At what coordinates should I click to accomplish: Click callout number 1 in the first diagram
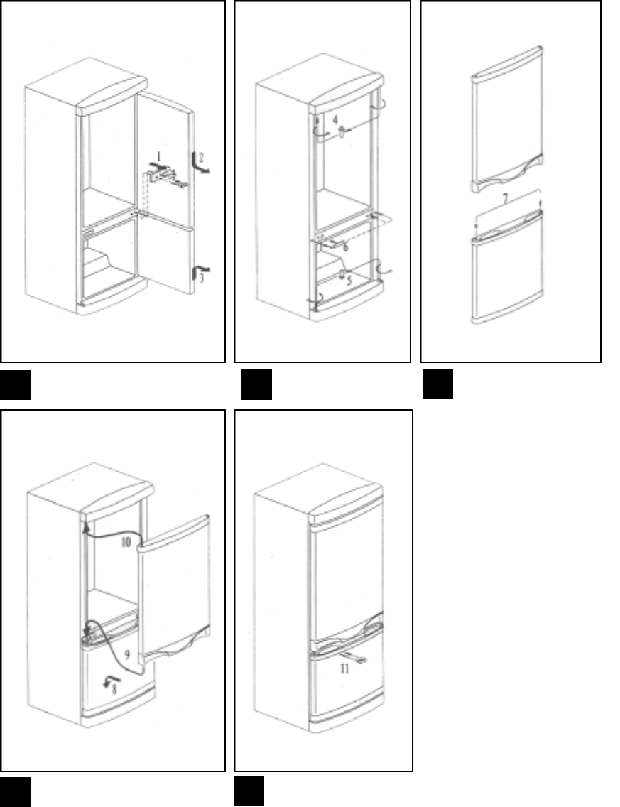[159, 156]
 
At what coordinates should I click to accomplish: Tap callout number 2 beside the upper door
[201, 157]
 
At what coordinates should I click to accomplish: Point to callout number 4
[335, 120]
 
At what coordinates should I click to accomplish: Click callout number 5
[349, 281]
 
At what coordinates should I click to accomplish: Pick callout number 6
[345, 247]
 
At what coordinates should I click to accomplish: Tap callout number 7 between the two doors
[505, 199]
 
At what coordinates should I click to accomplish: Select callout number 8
[114, 688]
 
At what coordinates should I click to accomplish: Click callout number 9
[127, 655]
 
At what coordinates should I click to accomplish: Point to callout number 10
[126, 542]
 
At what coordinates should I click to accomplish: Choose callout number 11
[344, 668]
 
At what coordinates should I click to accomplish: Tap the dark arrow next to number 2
[200, 163]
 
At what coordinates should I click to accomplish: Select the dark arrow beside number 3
[200, 271]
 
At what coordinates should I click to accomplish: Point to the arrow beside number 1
[157, 166]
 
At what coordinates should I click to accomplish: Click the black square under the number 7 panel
[438, 384]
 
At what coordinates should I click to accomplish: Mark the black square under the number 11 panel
[249, 791]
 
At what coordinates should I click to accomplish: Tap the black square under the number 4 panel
[257, 384]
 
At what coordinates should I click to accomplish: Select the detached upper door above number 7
[507, 119]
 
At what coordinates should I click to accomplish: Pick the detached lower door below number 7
[507, 267]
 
